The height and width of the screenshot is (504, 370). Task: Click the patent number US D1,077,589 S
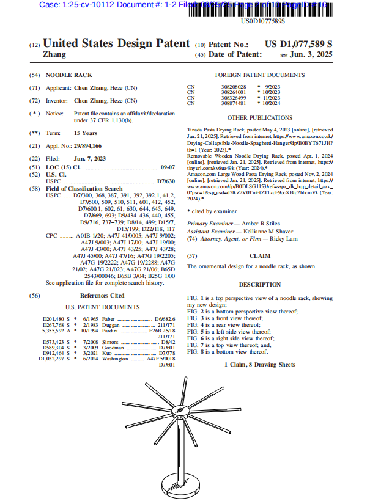coord(298,45)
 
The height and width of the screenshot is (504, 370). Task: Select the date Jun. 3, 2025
coord(311,55)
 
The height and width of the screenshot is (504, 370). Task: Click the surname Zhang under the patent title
coord(54,54)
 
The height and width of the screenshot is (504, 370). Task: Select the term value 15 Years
coord(86,133)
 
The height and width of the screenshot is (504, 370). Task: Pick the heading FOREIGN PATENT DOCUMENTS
coord(259,75)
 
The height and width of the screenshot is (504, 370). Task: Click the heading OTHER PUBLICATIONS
coord(259,117)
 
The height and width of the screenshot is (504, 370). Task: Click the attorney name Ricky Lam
coord(289,238)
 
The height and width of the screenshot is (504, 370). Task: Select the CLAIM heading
coord(259,255)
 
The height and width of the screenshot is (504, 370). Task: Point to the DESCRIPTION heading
coord(259,285)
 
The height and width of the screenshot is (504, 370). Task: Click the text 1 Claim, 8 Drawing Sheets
coord(259,365)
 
